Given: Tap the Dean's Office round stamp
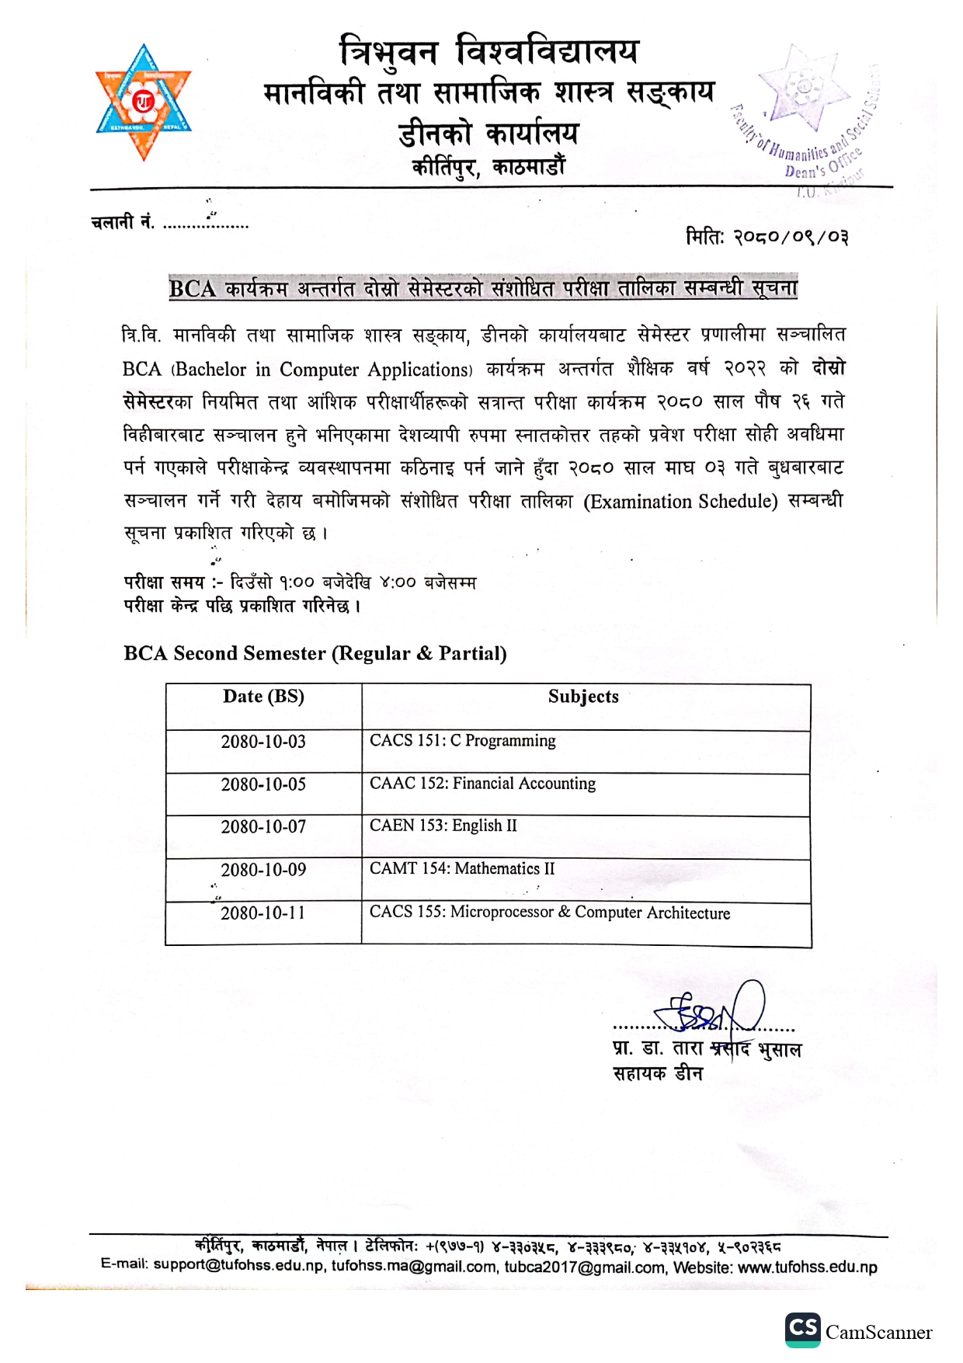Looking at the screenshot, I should point(808,116).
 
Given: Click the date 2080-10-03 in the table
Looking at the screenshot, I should point(263,742).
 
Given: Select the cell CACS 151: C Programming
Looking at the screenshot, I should point(463,741).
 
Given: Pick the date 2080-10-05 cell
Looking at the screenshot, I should point(263,784).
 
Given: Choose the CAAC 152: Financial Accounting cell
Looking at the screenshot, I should point(482,784).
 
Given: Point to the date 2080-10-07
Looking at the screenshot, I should point(263,827).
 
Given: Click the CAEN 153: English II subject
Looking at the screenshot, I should point(443,826).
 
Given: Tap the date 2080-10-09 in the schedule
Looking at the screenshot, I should point(263,870).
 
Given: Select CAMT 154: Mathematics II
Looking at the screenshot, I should point(462,868).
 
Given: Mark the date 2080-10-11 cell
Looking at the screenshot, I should point(263,913).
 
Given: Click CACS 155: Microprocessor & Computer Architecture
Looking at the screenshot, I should point(550,913).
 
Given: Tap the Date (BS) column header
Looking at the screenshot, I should point(263,697).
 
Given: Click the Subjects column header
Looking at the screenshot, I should point(583,697).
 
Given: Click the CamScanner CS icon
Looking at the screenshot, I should point(802,1330).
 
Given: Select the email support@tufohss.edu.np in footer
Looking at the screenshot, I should point(238,1265).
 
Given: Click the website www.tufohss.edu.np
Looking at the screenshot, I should point(807,1267).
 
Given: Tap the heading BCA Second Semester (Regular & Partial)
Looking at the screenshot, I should point(315,654).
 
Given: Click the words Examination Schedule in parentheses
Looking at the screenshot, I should point(681,502).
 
